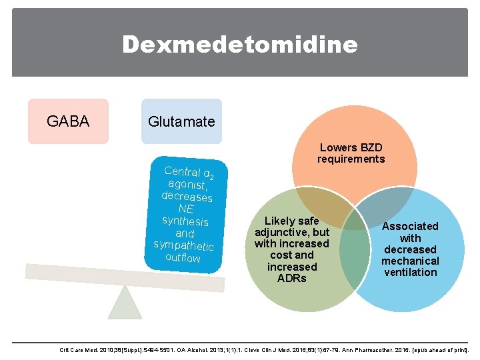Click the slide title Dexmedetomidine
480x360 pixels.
239,45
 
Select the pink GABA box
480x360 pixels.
68,121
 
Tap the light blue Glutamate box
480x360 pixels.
181,121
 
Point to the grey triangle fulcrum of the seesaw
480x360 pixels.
125,303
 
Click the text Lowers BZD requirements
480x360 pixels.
351,153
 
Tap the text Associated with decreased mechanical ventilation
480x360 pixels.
410,249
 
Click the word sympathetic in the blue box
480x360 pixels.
183,245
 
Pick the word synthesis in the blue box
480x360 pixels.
185,221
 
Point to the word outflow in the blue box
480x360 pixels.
183,257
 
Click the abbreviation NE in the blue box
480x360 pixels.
186,209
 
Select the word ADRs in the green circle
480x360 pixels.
292,278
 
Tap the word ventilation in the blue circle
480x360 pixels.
410,272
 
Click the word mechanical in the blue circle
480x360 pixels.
410,261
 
